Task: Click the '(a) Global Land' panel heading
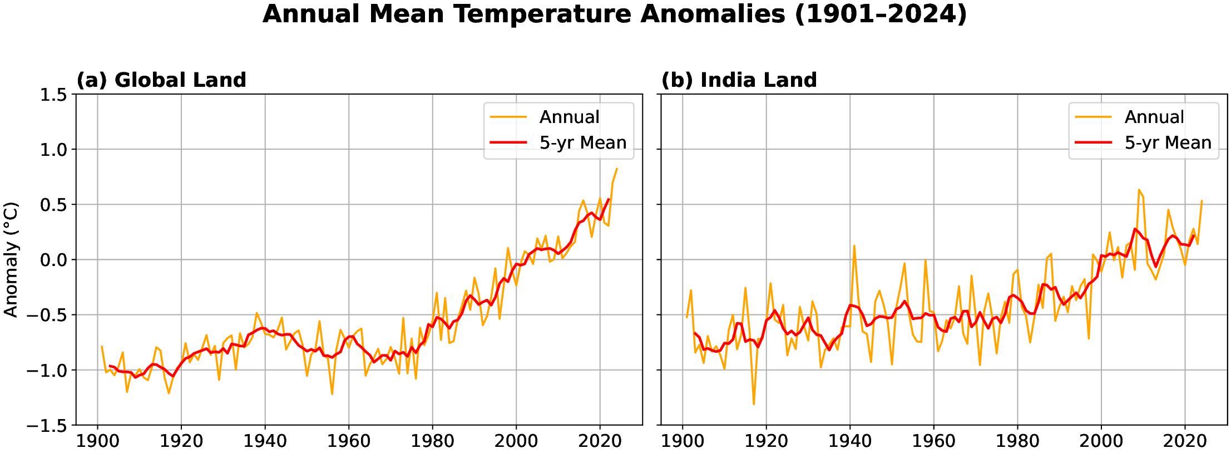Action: (161, 80)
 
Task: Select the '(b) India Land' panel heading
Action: (739, 80)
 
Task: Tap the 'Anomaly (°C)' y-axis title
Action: (11, 260)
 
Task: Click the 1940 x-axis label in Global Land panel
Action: (265, 441)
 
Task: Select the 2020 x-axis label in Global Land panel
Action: (600, 441)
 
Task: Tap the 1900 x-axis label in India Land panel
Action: (683, 441)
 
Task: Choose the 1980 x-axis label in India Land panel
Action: (1017, 441)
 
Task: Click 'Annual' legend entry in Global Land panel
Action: (569, 117)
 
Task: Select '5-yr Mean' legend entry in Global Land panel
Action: (582, 142)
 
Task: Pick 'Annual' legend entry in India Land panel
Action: (1154, 117)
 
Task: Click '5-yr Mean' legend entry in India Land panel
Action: (1168, 142)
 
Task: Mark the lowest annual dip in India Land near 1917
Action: (754, 404)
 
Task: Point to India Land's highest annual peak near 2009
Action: (1139, 190)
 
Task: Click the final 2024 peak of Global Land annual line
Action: (617, 169)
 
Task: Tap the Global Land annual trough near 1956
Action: (332, 394)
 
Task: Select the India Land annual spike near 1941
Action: (854, 245)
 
